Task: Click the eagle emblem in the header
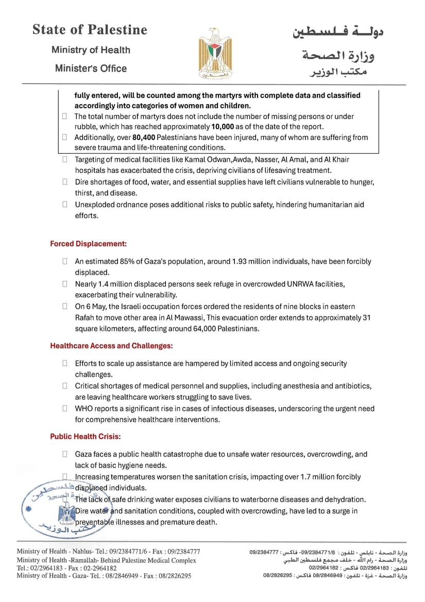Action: pyautogui.click(x=212, y=53)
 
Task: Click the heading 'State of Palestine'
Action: pyautogui.click(x=90, y=30)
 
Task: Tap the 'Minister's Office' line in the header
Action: pyautogui.click(x=91, y=68)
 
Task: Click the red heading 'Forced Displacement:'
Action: pyautogui.click(x=88, y=243)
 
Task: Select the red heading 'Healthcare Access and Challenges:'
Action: pyautogui.click(x=111, y=345)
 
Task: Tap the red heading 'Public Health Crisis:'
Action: pyautogui.click(x=85, y=437)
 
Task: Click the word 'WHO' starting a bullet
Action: pyautogui.click(x=84, y=409)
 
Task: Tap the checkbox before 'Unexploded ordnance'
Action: pyautogui.click(x=65, y=204)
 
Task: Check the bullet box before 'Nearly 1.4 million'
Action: pyautogui.click(x=65, y=284)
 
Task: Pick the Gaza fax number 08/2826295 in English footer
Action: pyautogui.click(x=172, y=576)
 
